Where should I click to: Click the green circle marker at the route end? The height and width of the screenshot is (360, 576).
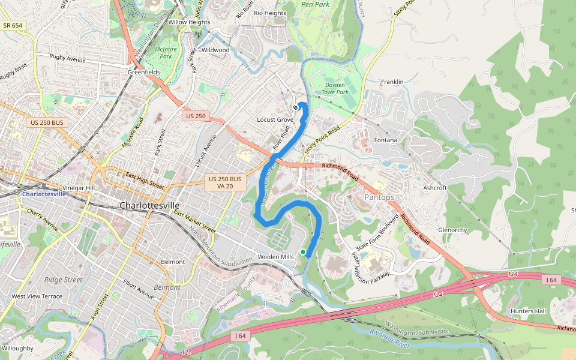(304, 251)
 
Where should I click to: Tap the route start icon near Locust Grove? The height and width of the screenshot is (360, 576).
(296, 108)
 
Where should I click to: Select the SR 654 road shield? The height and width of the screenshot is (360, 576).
(13, 25)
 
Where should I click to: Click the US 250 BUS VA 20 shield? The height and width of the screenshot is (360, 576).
(225, 183)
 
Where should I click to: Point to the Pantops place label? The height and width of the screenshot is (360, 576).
(379, 197)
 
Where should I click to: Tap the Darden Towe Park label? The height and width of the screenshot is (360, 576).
(335, 89)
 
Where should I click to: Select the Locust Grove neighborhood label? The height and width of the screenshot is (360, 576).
(275, 120)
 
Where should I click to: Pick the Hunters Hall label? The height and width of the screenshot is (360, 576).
(528, 311)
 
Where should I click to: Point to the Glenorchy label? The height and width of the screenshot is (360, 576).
(452, 230)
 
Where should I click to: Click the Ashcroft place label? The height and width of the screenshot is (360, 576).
(435, 188)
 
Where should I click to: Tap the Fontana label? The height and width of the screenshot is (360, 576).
(386, 140)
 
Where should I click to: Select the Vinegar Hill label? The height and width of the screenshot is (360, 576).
(79, 188)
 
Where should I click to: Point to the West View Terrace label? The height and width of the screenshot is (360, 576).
(37, 296)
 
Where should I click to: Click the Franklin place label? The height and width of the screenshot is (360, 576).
(392, 82)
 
